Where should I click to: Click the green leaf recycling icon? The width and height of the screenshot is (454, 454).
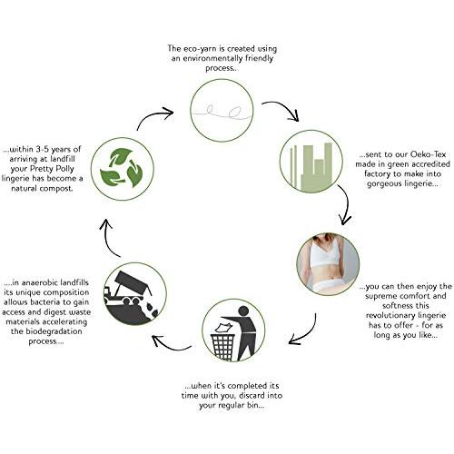122,168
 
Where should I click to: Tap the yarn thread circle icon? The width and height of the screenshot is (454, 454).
222,110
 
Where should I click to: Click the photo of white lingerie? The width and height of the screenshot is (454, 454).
328,263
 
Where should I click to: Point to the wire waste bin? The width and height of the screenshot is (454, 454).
223,346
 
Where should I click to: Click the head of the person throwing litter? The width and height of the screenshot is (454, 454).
243,311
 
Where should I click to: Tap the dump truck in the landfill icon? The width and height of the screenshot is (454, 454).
127,288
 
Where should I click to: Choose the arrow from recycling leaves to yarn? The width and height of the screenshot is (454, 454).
152,116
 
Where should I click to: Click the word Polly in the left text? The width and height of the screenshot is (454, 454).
63,169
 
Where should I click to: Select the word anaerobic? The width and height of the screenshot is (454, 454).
39,282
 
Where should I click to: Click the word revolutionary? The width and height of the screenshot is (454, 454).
390,315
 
